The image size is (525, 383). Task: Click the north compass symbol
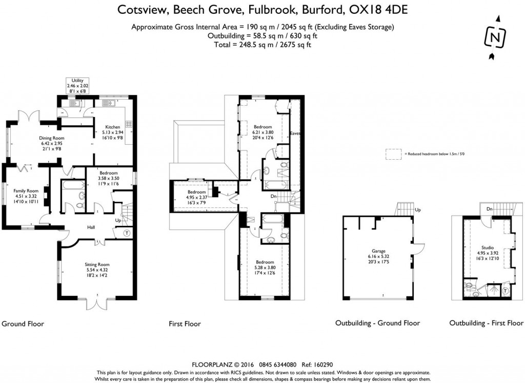point(493,37)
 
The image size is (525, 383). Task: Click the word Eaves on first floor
point(294,133)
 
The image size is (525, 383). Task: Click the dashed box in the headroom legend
point(394,153)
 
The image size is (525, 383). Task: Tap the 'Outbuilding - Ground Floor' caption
point(377,323)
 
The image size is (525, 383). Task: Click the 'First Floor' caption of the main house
point(185,324)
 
